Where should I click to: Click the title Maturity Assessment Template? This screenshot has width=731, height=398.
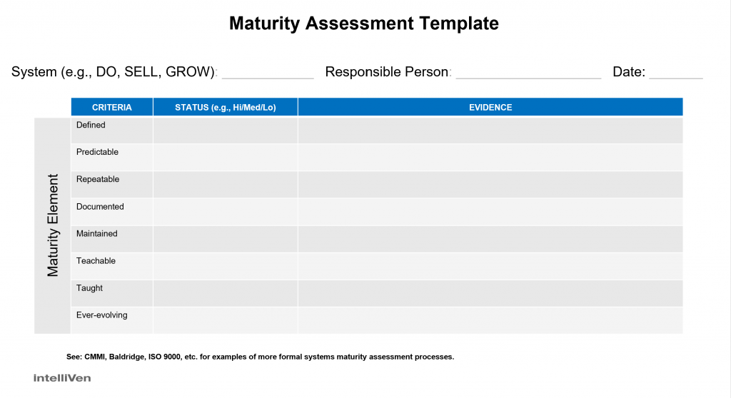363,23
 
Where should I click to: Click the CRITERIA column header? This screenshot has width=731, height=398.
112,108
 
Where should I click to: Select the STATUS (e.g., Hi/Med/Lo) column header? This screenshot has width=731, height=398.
225,108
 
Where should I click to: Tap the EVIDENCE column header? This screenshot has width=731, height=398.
490,108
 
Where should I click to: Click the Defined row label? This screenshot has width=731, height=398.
91,125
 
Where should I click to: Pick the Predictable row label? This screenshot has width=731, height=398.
97,152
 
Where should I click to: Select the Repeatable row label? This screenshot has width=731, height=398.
98,179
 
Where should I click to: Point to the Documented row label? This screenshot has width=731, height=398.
100,207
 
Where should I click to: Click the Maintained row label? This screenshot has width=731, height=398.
97,234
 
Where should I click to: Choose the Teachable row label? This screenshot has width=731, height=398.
96,261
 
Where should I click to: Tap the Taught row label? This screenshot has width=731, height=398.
89,288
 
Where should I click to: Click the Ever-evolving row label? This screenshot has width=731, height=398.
102,315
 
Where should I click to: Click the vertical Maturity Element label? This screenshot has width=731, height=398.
54,225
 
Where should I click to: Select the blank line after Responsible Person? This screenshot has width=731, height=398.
528,75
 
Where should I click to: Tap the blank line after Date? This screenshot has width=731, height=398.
676,75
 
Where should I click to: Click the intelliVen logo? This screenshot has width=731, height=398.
62,378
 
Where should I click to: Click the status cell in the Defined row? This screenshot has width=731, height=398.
225,131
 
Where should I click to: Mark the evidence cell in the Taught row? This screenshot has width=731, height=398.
490,293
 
